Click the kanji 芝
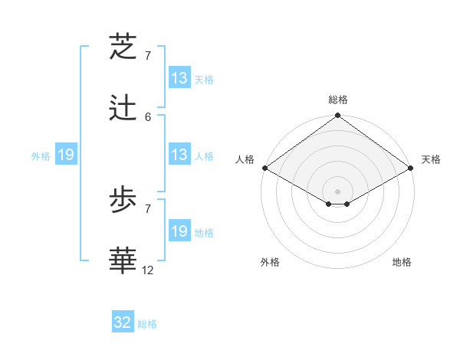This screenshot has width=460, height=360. pyautogui.click(x=125, y=47)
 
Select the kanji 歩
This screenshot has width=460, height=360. pyautogui.click(x=125, y=200)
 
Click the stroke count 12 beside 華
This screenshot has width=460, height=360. pyautogui.click(x=149, y=270)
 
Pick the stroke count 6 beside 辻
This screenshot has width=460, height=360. pyautogui.click(x=148, y=116)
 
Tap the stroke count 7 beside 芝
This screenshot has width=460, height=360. pyautogui.click(x=148, y=56)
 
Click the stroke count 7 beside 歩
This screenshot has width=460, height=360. pyautogui.click(x=148, y=208)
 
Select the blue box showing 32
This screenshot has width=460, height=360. pyautogui.click(x=123, y=323)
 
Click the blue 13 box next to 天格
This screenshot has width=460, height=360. pyautogui.click(x=179, y=78)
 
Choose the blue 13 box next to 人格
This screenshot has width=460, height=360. pyautogui.click(x=179, y=155)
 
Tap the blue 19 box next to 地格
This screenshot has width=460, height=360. pyautogui.click(x=179, y=231)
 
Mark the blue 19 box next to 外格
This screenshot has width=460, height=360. pyautogui.click(x=66, y=155)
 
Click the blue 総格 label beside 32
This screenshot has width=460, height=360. pyautogui.click(x=148, y=324)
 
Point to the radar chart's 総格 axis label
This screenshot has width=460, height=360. pyautogui.click(x=338, y=100)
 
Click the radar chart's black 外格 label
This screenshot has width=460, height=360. pyautogui.click(x=270, y=263)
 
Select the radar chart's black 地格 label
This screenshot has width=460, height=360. pyautogui.click(x=402, y=263)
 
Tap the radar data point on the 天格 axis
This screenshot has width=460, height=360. pyautogui.click(x=411, y=168)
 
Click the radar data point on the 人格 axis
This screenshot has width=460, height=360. pyautogui.click(x=264, y=168)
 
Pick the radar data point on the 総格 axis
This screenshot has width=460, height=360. pyautogui.click(x=338, y=116)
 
